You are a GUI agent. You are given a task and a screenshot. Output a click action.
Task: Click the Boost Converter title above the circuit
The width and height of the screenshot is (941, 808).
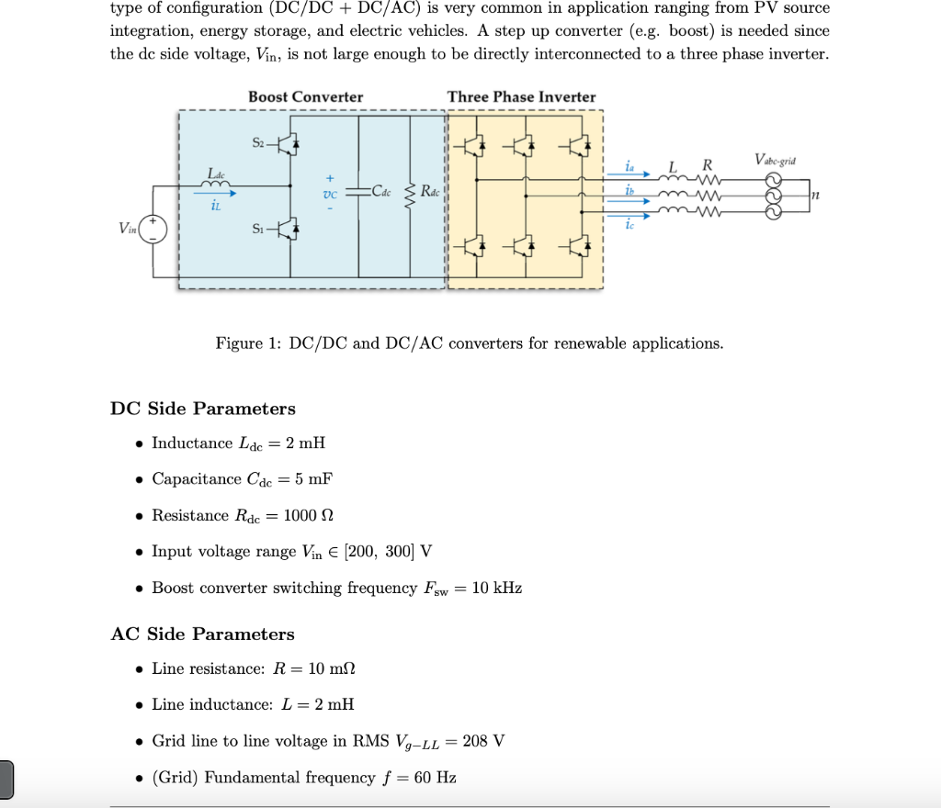coord(305,96)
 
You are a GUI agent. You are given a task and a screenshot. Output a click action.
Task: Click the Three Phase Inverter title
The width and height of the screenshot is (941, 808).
coord(521,96)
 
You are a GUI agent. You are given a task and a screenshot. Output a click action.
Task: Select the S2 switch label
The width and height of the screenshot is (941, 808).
coord(258,141)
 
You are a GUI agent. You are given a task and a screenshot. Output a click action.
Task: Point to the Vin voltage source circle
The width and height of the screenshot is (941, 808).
coord(153,229)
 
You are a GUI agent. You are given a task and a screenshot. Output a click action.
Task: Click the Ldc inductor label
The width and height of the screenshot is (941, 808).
coord(216,173)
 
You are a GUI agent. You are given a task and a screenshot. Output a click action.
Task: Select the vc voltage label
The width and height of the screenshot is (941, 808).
coord(330,195)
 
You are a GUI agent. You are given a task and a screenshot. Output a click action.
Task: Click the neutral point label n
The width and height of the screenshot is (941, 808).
coord(815,194)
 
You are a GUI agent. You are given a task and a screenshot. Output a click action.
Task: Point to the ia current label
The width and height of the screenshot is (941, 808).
coord(629,165)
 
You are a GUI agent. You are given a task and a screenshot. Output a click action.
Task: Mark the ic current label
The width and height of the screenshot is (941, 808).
coord(629,225)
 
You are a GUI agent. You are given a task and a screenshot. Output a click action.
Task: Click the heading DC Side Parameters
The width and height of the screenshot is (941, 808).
coord(203,409)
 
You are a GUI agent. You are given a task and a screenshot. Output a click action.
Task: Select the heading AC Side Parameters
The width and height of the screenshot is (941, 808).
coord(202,634)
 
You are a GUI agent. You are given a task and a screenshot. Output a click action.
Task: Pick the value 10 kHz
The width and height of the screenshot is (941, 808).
coord(496,588)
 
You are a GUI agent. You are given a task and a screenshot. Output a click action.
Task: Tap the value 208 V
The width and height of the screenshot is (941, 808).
coord(483,741)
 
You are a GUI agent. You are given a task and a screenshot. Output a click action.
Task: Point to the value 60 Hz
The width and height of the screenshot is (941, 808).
coord(435,778)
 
